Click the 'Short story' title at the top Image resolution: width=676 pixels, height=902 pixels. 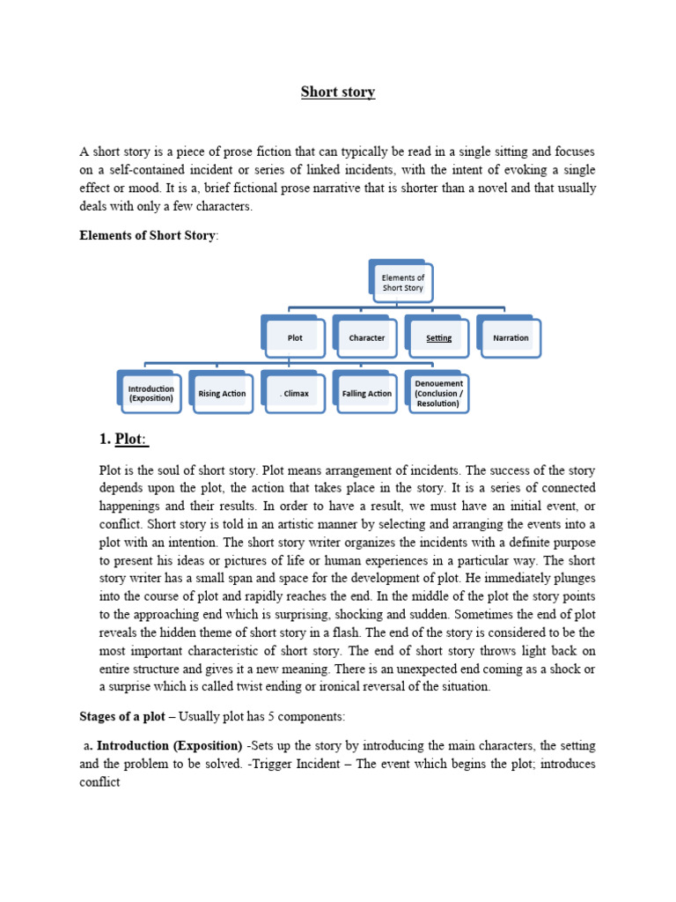click(x=338, y=92)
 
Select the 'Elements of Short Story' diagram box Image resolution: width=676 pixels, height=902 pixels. click(x=403, y=283)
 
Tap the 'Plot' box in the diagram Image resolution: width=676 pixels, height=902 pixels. click(x=296, y=337)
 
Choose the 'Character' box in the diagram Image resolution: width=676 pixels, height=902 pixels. click(x=367, y=337)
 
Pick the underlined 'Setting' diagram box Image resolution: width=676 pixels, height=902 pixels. click(x=438, y=337)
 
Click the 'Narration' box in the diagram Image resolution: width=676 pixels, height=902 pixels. click(x=511, y=337)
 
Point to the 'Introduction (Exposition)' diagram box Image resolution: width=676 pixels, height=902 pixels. click(x=151, y=393)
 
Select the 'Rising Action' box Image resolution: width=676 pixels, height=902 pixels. click(x=223, y=393)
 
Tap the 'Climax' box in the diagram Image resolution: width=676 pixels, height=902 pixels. click(x=295, y=393)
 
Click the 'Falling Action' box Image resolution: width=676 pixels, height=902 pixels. click(x=367, y=393)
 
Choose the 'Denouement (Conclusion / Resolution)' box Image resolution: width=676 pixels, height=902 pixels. click(x=438, y=393)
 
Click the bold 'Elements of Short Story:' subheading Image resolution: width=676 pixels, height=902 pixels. click(x=147, y=236)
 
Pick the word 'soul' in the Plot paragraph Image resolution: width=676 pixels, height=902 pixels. click(x=171, y=470)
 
